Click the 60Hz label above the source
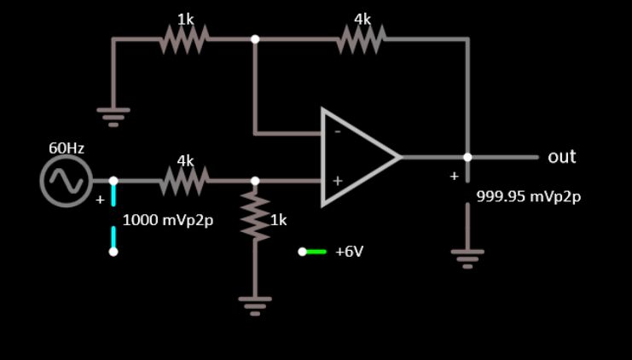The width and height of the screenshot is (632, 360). [66, 148]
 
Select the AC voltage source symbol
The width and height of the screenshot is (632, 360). [66, 181]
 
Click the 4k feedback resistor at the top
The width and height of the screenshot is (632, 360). [362, 38]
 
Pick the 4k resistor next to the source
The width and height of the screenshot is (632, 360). [184, 180]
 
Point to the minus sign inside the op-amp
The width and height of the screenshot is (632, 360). [337, 132]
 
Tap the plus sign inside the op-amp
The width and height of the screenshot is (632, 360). [337, 181]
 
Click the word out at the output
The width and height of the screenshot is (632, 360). [561, 157]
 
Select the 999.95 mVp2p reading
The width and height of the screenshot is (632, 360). [528, 196]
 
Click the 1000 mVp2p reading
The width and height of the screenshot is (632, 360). [168, 219]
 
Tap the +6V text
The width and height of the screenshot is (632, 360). [350, 252]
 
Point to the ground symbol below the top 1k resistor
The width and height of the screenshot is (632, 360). [113, 113]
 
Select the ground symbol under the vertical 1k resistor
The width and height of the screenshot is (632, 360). [255, 305]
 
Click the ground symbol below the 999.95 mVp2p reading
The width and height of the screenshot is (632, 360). [467, 256]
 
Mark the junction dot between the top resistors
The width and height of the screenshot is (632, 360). [255, 38]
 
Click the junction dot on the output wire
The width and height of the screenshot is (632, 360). [467, 157]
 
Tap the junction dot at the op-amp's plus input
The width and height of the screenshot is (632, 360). [255, 181]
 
